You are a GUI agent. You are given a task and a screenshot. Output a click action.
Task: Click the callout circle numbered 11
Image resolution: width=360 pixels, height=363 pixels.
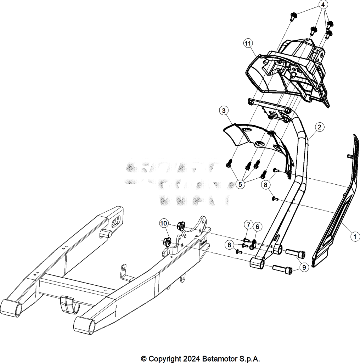248,44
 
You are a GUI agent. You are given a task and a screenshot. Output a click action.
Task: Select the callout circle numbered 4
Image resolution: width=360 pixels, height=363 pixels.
323,5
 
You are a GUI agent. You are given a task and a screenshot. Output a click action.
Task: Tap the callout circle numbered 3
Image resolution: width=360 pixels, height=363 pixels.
224,111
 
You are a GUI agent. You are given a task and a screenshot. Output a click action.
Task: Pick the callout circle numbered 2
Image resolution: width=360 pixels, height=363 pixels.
320,127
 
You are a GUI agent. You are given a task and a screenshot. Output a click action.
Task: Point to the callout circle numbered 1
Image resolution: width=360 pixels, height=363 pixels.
355,236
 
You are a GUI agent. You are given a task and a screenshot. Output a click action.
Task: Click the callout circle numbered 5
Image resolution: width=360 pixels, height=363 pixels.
240,184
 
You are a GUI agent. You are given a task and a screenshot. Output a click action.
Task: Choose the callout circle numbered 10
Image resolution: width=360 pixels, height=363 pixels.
164,223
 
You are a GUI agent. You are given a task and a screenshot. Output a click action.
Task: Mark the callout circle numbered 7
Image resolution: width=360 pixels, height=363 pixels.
248,225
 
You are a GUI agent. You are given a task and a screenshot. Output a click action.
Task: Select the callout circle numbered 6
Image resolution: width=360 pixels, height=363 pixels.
257,227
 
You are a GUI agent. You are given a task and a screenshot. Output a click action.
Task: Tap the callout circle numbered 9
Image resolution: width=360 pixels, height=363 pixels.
304,267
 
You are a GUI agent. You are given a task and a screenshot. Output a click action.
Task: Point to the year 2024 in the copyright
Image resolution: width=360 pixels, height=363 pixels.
191,359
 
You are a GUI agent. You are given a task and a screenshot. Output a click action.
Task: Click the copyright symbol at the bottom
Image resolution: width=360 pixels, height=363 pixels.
144,359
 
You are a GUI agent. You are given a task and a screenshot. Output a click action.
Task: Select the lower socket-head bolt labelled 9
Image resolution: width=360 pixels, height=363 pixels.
282,269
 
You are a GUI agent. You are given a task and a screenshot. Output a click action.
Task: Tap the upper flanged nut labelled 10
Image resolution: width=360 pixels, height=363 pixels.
181,225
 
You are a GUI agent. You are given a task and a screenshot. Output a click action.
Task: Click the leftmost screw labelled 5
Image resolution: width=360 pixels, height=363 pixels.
229,163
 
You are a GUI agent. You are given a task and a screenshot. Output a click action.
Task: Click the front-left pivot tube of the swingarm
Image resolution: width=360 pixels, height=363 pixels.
11,308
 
